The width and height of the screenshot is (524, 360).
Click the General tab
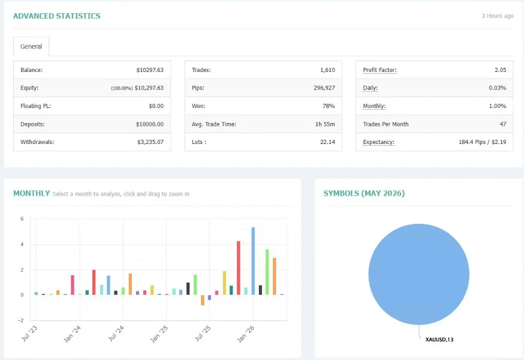point(31,47)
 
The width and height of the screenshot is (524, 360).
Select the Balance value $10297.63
point(150,70)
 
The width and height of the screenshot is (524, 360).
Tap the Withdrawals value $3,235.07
point(150,142)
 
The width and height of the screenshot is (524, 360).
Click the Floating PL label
point(35,106)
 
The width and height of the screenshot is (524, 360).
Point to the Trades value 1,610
point(327,70)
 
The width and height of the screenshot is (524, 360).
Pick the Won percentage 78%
point(329,106)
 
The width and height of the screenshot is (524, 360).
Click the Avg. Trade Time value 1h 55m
point(325,124)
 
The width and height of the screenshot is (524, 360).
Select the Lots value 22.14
point(327,142)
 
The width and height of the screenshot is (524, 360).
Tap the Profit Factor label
point(380,70)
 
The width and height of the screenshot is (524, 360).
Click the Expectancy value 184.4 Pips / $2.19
point(482,142)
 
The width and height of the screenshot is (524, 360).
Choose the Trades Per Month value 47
point(503,124)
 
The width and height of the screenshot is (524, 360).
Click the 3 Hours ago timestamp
point(497,16)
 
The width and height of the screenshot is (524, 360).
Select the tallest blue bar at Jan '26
point(254,261)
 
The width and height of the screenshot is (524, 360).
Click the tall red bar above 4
point(239,268)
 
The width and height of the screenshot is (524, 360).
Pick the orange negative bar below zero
point(203,300)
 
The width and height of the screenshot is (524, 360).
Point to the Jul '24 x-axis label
point(116,334)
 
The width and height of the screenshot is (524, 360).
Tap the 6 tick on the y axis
point(22,219)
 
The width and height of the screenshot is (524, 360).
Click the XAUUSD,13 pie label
point(439,340)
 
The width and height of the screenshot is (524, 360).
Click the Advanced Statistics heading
point(57,16)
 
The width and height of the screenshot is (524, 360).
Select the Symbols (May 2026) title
point(364,193)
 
